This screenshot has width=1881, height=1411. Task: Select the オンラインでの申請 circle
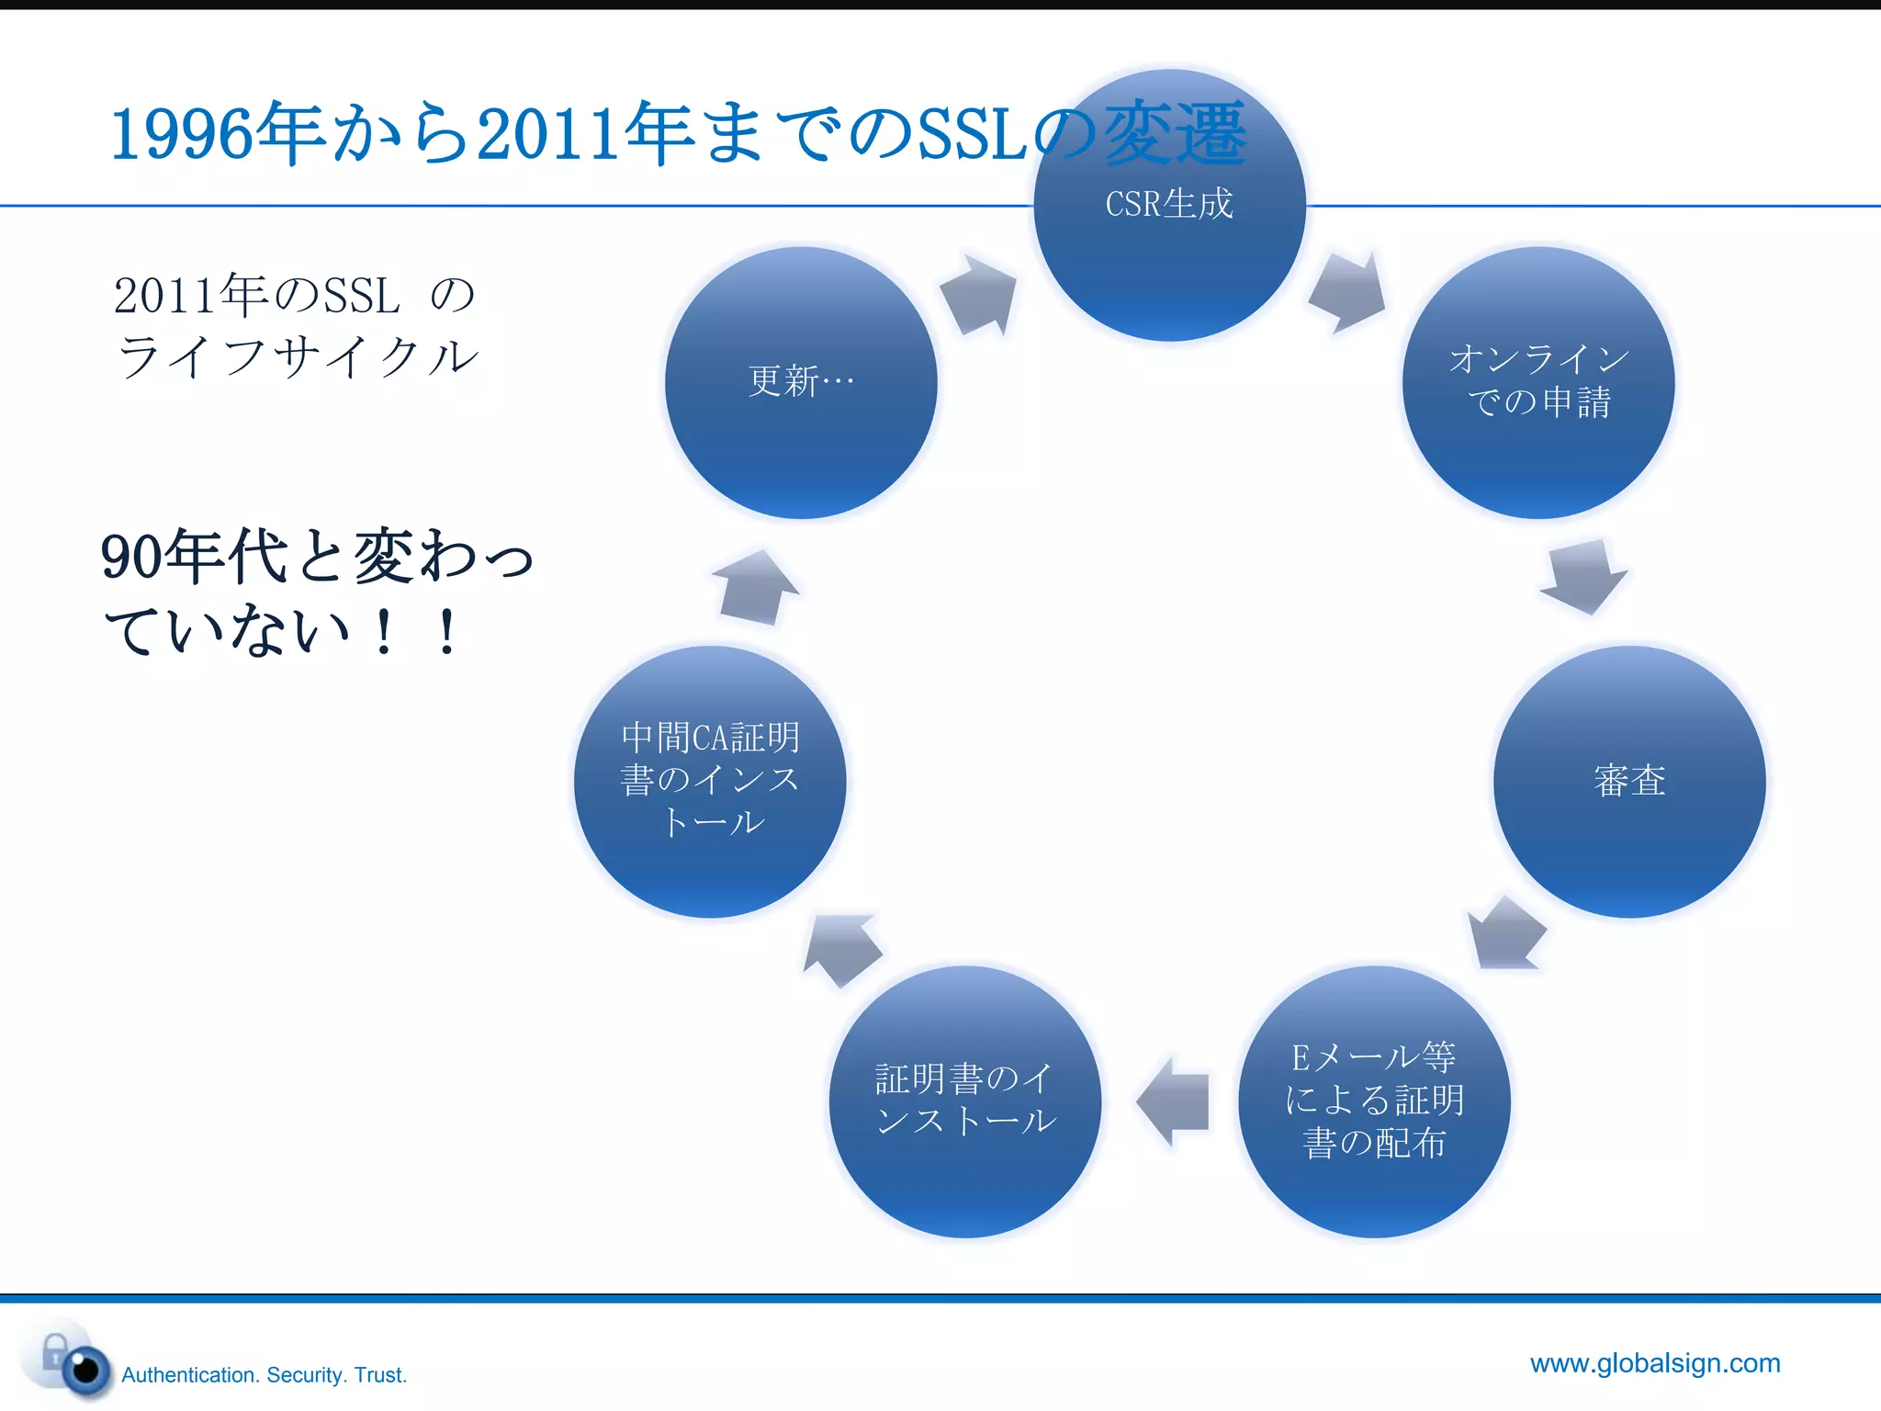click(1538, 381)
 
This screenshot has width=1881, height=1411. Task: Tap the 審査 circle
click(1629, 781)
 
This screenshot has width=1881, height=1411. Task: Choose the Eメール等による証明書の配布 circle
click(1374, 1101)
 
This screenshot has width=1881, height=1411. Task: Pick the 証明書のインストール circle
click(964, 1101)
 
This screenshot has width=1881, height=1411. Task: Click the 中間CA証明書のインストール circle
click(710, 781)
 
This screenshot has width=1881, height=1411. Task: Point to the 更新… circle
click(801, 381)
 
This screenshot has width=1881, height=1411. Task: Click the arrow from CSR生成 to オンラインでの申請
click(1347, 292)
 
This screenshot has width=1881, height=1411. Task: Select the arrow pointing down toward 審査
click(1583, 577)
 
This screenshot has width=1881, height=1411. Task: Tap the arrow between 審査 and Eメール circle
click(1506, 933)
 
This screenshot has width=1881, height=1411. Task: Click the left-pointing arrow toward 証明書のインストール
click(1173, 1101)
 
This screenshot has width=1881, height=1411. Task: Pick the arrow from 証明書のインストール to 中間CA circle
click(843, 950)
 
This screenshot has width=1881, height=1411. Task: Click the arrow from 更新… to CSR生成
click(979, 295)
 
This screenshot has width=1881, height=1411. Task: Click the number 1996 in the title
click(181, 135)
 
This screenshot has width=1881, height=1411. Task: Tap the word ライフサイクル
click(298, 356)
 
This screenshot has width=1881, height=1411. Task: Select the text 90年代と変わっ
click(317, 557)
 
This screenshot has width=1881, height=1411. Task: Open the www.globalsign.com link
click(1655, 1363)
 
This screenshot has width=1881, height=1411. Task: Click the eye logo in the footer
click(84, 1369)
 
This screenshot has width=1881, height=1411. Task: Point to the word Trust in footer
click(379, 1375)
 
